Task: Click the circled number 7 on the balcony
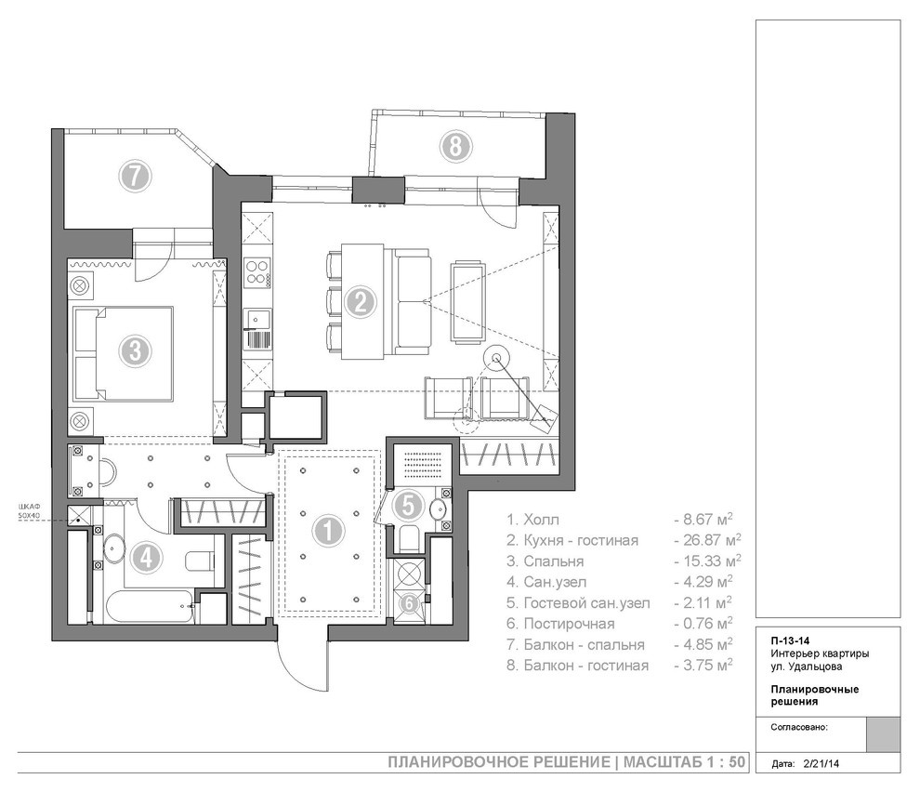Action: point(136,176)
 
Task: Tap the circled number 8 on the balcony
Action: point(456,146)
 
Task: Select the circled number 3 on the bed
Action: point(136,351)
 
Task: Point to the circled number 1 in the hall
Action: point(328,532)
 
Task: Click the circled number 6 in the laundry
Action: point(410,603)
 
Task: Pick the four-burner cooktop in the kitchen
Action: point(257,271)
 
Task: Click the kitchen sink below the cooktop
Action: point(256,320)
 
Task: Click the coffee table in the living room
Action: point(468,302)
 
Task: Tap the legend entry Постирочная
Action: point(569,624)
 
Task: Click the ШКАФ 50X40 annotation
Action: point(30,510)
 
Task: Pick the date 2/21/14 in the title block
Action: point(821,764)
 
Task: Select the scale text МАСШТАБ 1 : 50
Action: point(684,762)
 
